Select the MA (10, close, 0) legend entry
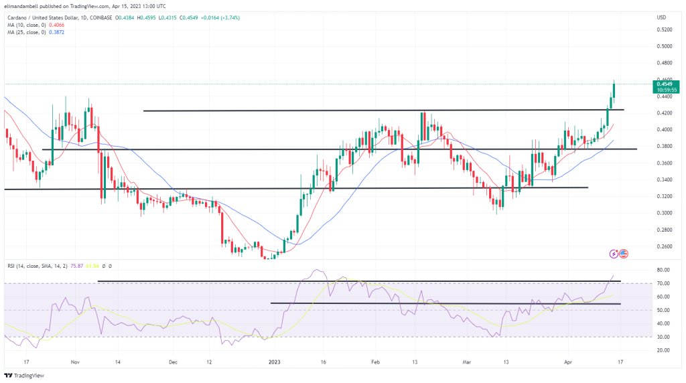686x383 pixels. tap(27, 24)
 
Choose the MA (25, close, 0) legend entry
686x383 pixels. tap(27, 32)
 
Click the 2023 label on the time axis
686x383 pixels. tap(275, 362)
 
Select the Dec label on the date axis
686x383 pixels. tap(173, 362)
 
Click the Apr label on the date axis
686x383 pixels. tap(570, 362)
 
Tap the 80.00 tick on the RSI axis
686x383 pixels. tap(663, 270)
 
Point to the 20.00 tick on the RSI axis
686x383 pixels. tap(663, 350)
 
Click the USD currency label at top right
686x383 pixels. tap(662, 17)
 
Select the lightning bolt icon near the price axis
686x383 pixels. tap(614, 253)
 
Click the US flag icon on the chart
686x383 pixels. tap(624, 253)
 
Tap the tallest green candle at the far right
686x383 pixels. tap(614, 92)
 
